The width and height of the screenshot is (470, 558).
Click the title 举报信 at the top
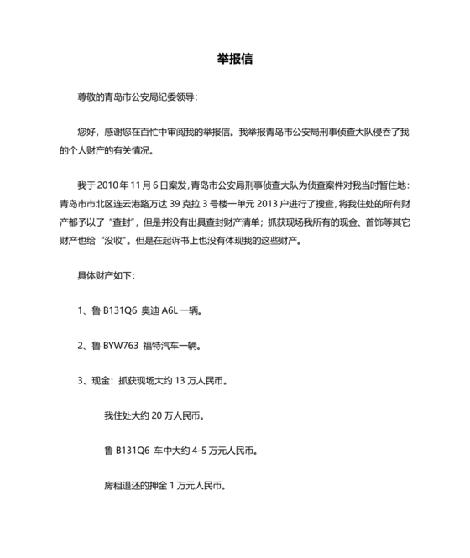tap(235, 60)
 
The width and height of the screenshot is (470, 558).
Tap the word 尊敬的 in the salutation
tap(90, 97)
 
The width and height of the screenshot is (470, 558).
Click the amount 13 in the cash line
tap(178, 381)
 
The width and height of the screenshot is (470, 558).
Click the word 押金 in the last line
tap(159, 486)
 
